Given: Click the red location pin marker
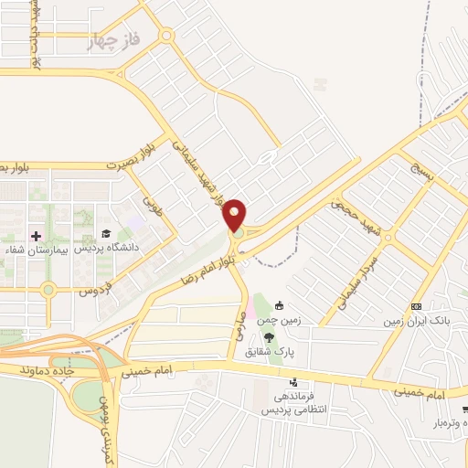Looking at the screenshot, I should (x=235, y=216).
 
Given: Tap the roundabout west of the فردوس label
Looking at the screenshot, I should (x=48, y=290).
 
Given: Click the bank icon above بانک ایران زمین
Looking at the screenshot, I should (x=416, y=306).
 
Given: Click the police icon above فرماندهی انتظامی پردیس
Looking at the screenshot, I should (x=292, y=383).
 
